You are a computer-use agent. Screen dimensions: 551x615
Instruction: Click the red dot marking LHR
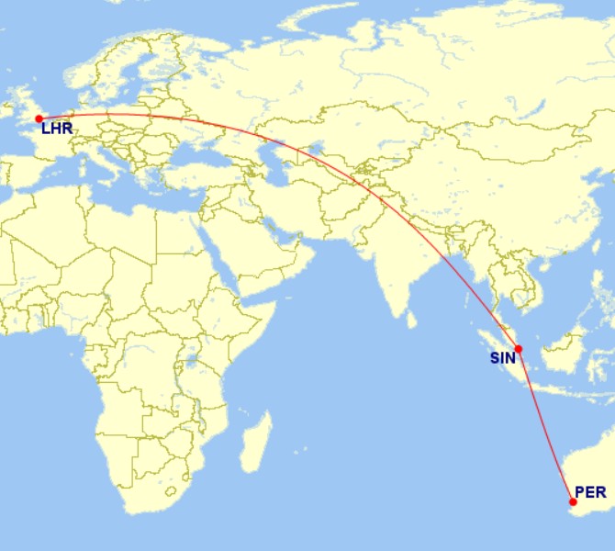coord(39,118)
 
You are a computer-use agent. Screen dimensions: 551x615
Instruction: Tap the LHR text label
coord(57,129)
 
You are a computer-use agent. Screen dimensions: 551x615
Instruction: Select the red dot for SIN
coord(519,349)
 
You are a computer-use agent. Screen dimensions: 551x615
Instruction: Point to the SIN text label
coord(503,358)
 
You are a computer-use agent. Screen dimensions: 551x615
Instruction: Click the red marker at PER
coord(574,501)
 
